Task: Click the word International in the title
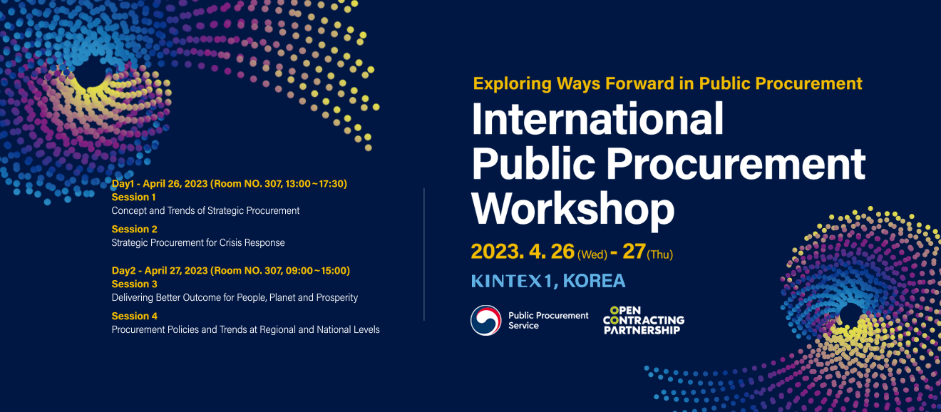[597, 119]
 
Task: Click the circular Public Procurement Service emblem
[485, 320]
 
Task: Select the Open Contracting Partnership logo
[643, 320]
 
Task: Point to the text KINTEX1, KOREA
[547, 281]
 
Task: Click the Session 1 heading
[134, 197]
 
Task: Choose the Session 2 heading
[134, 229]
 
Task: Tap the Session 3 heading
[134, 284]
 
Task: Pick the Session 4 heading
[134, 316]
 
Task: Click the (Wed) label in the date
[592, 254]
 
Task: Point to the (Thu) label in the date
[659, 254]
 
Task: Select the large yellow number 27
[633, 252]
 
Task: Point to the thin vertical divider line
[424, 254]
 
